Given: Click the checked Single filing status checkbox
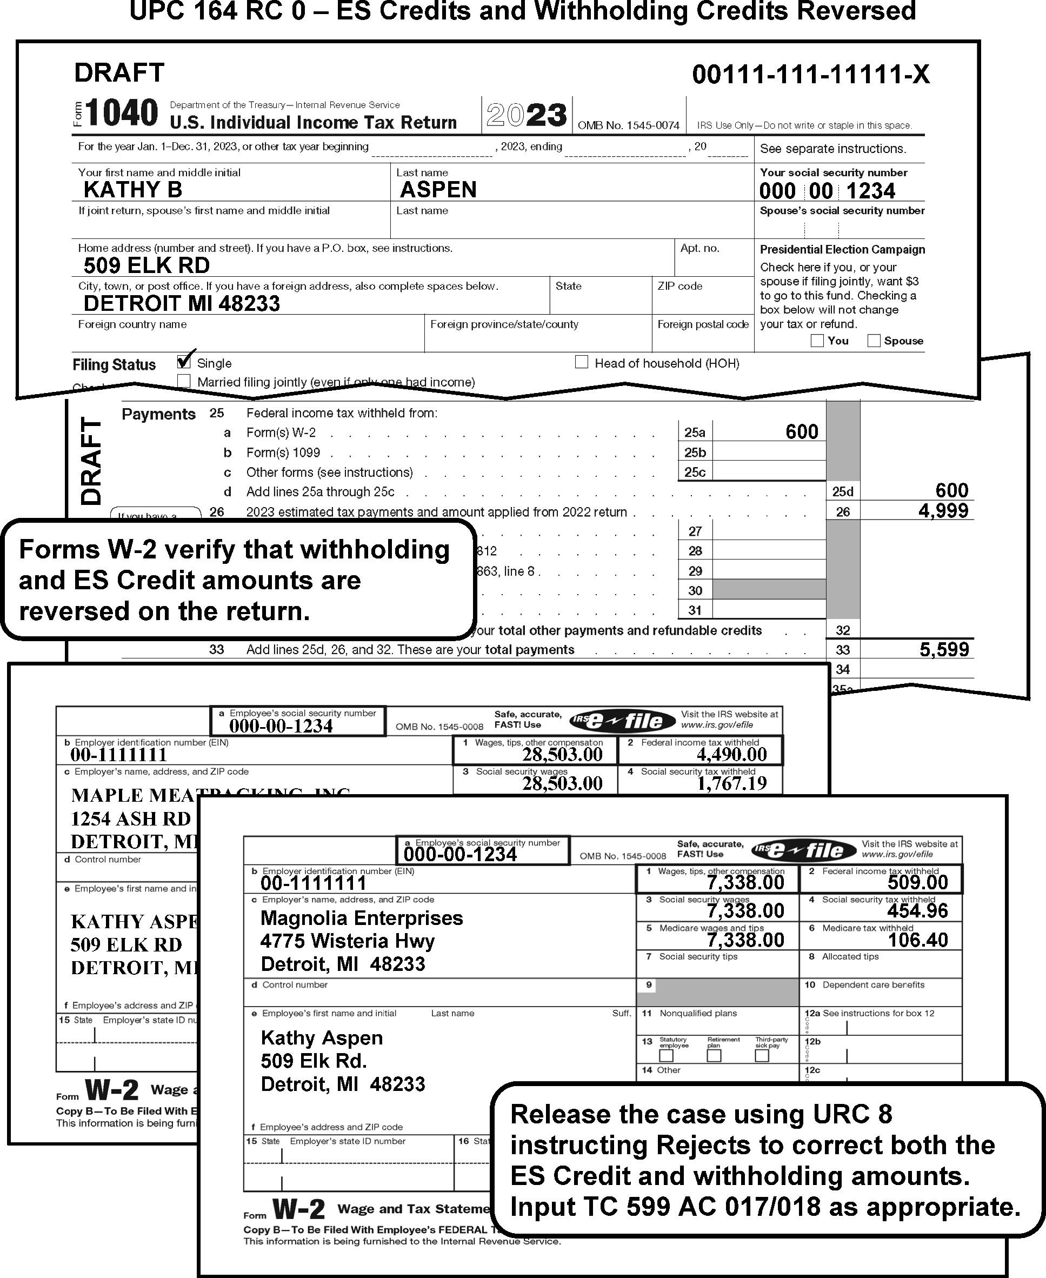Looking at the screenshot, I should (184, 362).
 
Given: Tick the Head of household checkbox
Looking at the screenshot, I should (582, 362).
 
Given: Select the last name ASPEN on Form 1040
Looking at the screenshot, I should (438, 190).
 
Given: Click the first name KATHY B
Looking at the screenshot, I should (132, 190).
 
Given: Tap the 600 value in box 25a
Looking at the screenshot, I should (801, 431).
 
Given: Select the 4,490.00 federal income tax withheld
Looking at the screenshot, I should (731, 754).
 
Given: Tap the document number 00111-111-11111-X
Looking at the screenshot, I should (810, 75).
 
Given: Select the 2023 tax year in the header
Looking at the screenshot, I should (527, 115).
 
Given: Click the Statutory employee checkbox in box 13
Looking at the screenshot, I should (666, 1056).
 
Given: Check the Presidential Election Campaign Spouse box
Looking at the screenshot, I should (874, 341).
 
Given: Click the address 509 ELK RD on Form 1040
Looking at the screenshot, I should (146, 265).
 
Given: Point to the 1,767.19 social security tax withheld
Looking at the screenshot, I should (731, 783).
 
